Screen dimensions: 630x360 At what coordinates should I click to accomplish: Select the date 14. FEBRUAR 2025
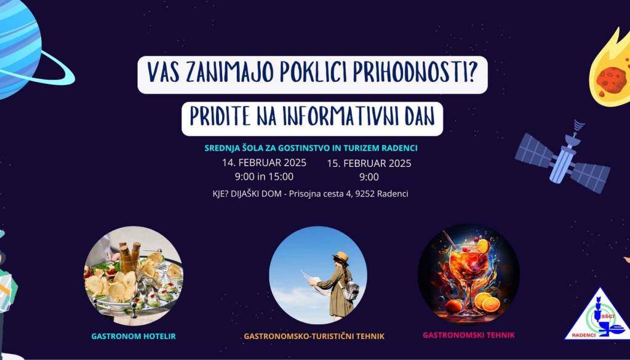[265, 162]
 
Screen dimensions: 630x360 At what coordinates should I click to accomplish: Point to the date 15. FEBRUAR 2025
[369, 164]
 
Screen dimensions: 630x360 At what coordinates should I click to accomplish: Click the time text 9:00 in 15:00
[265, 177]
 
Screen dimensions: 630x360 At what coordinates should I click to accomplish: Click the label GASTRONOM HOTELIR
[134, 336]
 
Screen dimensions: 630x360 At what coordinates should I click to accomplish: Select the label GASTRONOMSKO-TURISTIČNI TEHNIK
[314, 336]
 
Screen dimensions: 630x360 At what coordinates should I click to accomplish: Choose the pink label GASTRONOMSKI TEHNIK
[469, 335]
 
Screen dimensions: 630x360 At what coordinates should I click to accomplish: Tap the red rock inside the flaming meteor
[612, 79]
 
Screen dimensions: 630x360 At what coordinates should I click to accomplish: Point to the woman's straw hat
[341, 257]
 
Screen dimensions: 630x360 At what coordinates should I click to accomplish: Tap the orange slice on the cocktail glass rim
[483, 246]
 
